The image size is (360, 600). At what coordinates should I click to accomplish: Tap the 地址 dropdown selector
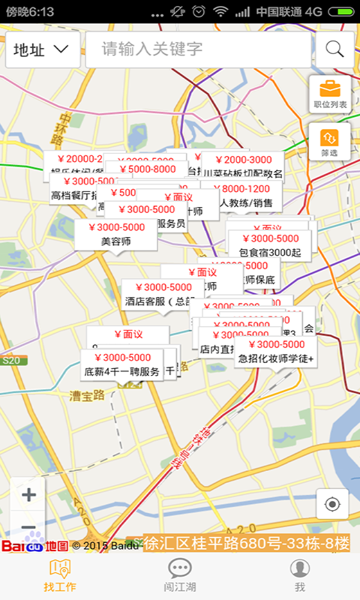click(43, 49)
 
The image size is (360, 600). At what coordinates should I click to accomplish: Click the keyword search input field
click(198, 49)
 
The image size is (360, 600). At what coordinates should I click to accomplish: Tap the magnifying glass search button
click(334, 49)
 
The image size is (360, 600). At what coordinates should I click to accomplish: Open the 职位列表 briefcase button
click(330, 94)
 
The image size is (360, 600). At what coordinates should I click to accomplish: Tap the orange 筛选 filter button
click(330, 141)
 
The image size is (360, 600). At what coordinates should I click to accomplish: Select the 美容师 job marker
click(116, 235)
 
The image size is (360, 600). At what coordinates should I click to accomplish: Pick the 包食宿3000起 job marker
click(269, 246)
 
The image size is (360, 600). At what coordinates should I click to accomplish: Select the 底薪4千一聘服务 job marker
click(121, 364)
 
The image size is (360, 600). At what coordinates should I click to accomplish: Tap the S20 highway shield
click(10, 361)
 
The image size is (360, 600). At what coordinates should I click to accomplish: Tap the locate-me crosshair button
click(332, 504)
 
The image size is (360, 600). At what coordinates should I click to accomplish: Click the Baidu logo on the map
click(22, 546)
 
